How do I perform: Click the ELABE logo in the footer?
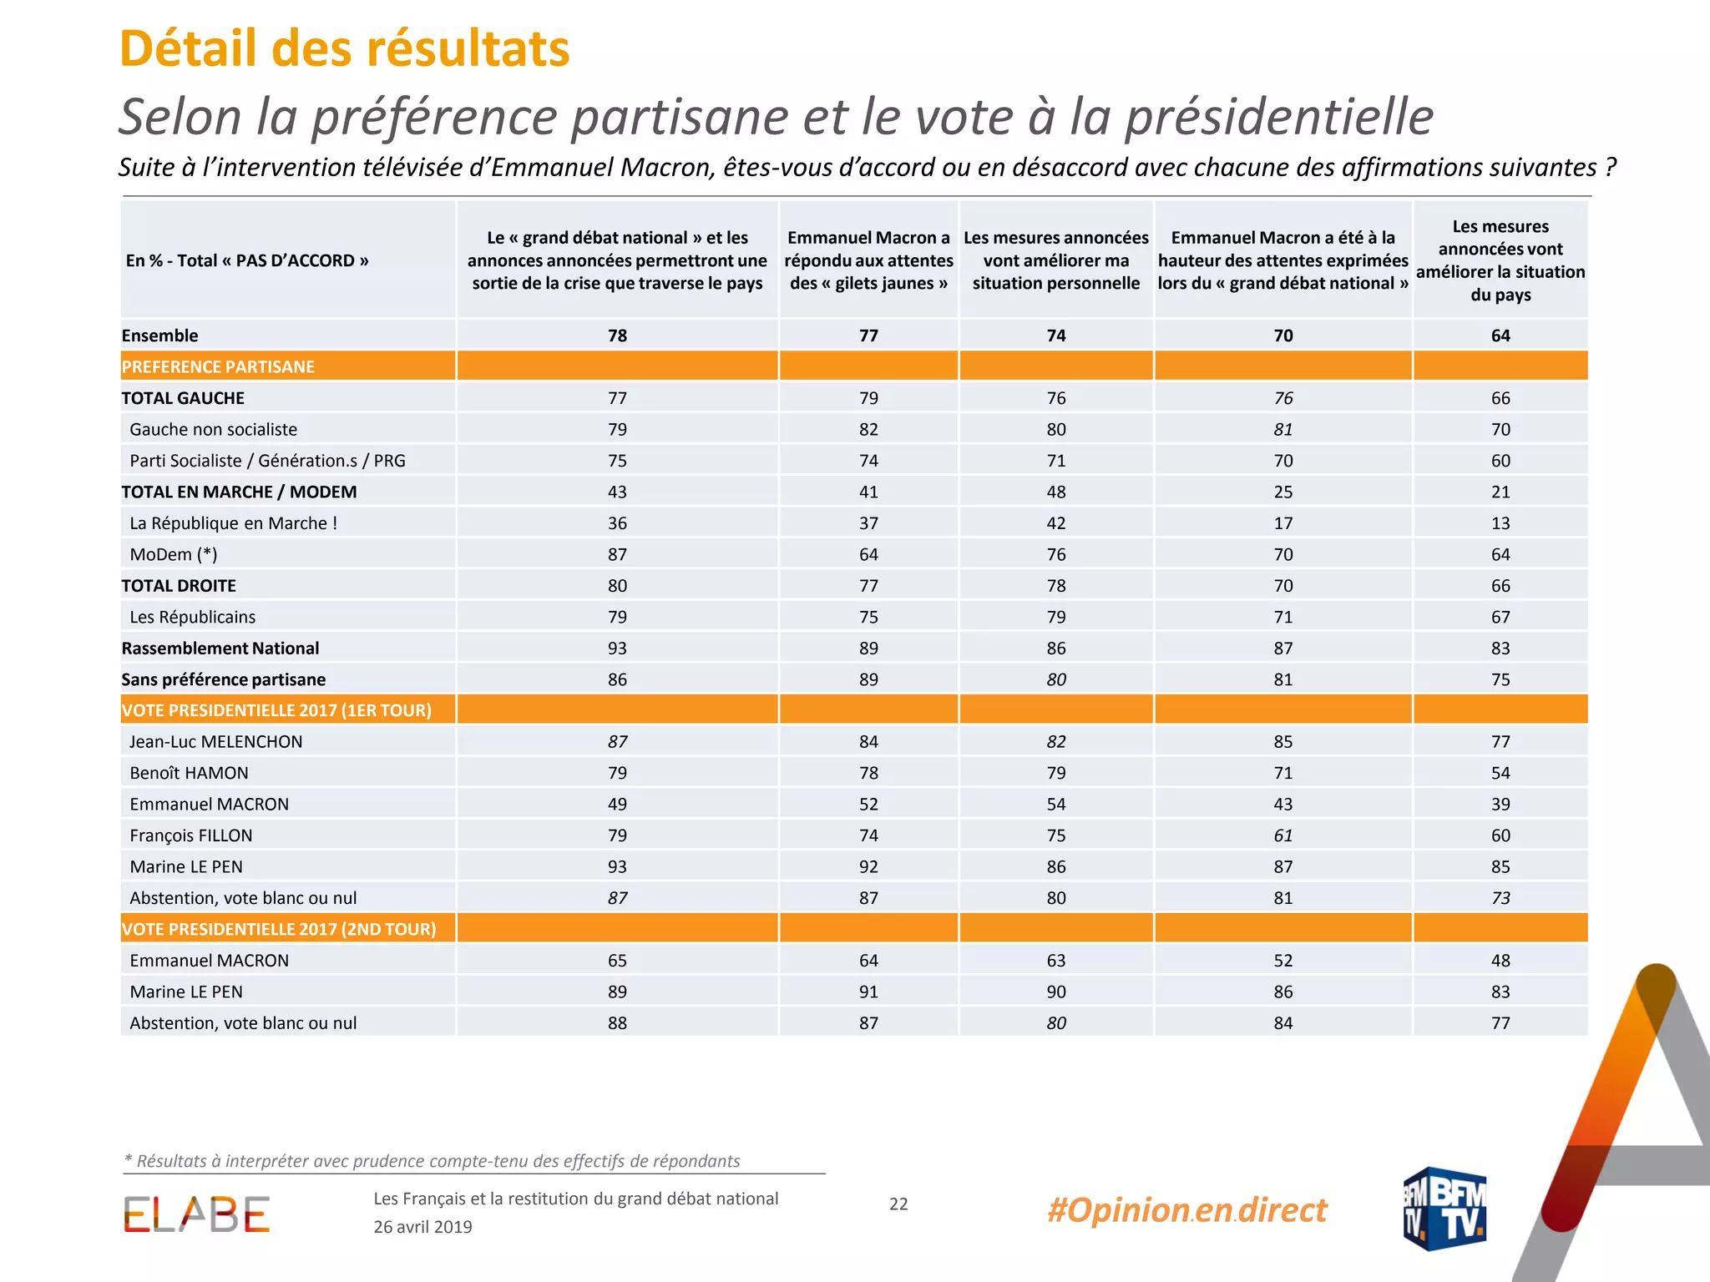pyautogui.click(x=197, y=1214)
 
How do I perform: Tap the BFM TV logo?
pyautogui.click(x=1444, y=1209)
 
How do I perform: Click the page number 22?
pyautogui.click(x=898, y=1204)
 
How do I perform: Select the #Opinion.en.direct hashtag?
pyautogui.click(x=1186, y=1209)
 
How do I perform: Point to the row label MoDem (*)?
pyautogui.click(x=174, y=554)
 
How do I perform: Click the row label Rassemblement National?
pyautogui.click(x=220, y=649)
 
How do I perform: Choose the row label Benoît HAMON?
pyautogui.click(x=189, y=773)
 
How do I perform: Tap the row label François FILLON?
pyautogui.click(x=191, y=835)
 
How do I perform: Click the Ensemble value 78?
pyautogui.click(x=617, y=336)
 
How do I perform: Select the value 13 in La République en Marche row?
pyautogui.click(x=1500, y=523)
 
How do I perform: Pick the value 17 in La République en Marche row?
pyautogui.click(x=1283, y=523)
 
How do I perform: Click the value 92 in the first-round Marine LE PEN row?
pyautogui.click(x=868, y=866)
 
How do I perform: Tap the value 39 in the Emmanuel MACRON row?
pyautogui.click(x=1500, y=804)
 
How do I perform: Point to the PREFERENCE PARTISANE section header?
pyautogui.click(x=218, y=366)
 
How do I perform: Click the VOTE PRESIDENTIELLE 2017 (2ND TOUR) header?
pyautogui.click(x=279, y=929)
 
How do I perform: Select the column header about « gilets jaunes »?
pyautogui.click(x=868, y=260)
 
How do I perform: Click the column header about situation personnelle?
pyautogui.click(x=1056, y=260)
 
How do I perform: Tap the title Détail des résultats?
pyautogui.click(x=345, y=48)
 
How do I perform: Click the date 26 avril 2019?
pyautogui.click(x=422, y=1227)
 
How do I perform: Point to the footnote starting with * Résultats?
pyautogui.click(x=432, y=1161)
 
